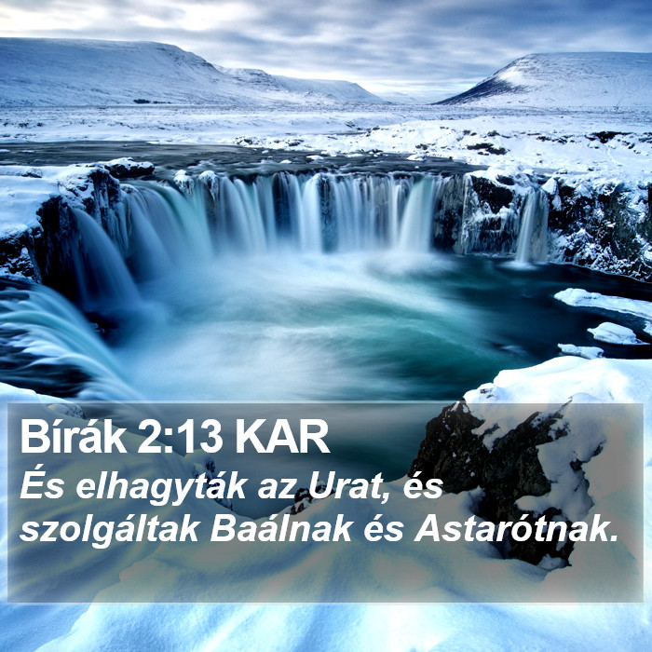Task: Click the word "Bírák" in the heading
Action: tap(74, 437)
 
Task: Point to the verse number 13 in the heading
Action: tap(197, 438)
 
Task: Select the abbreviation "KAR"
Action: tap(283, 438)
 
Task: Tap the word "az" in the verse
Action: tap(276, 490)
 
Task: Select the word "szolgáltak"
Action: tap(109, 531)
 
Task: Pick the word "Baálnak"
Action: tap(281, 528)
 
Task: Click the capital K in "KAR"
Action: tap(251, 438)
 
